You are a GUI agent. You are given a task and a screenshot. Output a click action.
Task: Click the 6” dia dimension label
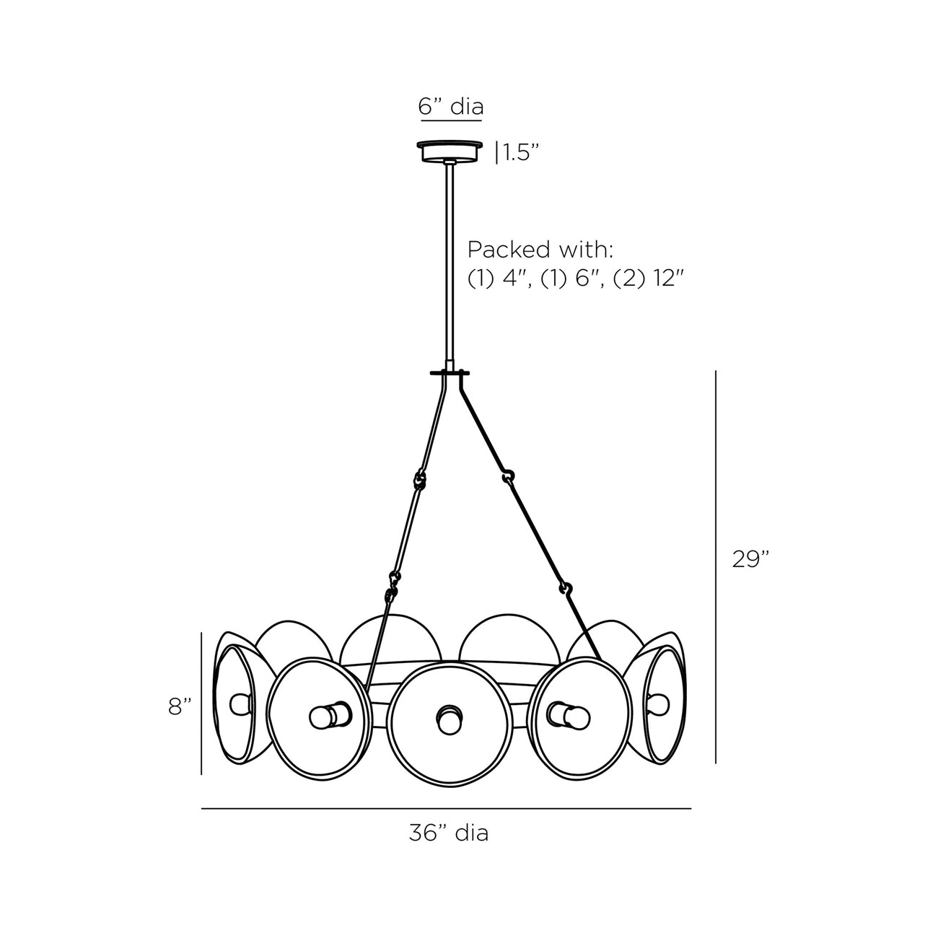(x=450, y=107)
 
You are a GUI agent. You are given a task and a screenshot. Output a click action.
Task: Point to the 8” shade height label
(x=180, y=706)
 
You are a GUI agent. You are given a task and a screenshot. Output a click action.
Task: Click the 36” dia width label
(x=448, y=833)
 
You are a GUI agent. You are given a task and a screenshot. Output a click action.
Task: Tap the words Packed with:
(x=540, y=250)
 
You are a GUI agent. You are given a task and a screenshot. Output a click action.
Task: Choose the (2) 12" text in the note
(x=647, y=278)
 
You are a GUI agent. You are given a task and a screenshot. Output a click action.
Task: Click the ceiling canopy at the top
(x=450, y=152)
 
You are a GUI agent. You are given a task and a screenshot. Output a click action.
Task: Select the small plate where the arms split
(x=450, y=373)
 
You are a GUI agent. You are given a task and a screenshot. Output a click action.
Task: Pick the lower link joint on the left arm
(x=393, y=581)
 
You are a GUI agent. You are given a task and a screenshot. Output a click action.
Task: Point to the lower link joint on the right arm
(x=566, y=589)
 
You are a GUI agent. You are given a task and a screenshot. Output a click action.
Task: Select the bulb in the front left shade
(x=327, y=716)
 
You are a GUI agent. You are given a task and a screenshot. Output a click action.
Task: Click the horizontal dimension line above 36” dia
(x=446, y=809)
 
